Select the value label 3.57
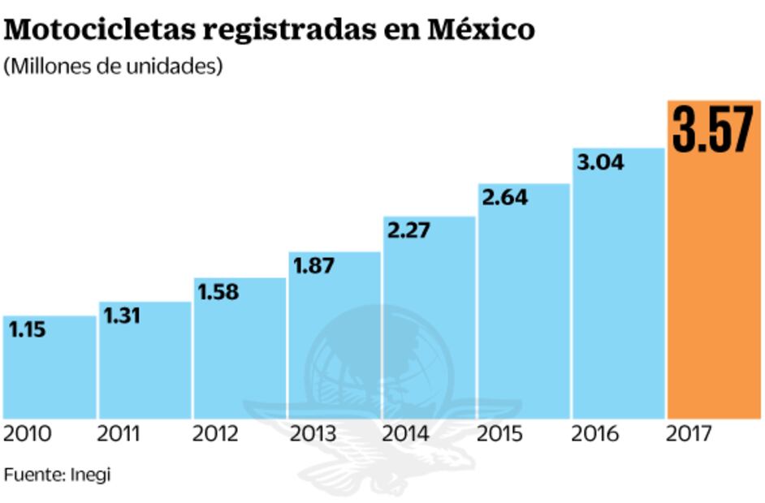tap(713, 130)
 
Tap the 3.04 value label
tap(600, 163)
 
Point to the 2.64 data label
tap(505, 198)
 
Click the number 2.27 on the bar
tap(409, 231)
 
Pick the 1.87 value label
tap(313, 266)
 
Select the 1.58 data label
tap(218, 292)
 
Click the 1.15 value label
tap(27, 329)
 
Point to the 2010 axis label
tap(27, 435)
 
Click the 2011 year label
tap(119, 435)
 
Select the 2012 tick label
tap(215, 435)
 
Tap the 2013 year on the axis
tap(313, 435)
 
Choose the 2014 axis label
tap(406, 435)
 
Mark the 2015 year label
tap(500, 435)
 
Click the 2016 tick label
tap(594, 435)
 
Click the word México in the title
tap(481, 30)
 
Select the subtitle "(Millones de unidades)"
tap(113, 67)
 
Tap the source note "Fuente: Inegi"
tap(57, 475)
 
